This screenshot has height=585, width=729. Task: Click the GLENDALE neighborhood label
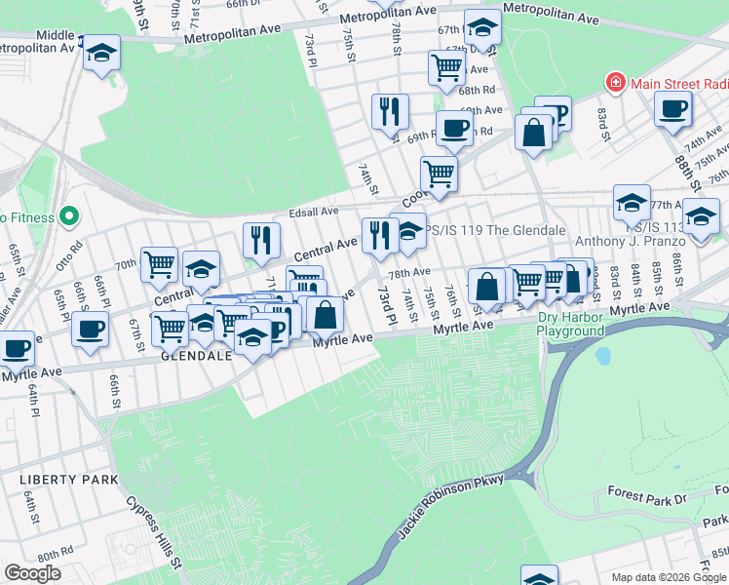[196, 356]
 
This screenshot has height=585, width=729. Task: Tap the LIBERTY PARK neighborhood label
[69, 480]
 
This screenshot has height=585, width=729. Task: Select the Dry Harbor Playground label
[571, 325]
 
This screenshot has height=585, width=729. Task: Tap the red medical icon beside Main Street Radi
[615, 83]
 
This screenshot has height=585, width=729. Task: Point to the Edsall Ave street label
[313, 211]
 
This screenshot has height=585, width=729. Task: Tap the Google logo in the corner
[33, 572]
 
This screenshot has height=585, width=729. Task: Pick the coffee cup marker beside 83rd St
[672, 110]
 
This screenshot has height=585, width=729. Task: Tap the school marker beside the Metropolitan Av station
[101, 53]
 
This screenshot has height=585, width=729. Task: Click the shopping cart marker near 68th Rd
[446, 68]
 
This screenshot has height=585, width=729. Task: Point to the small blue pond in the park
[602, 356]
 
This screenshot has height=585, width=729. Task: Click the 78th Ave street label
[410, 274]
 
